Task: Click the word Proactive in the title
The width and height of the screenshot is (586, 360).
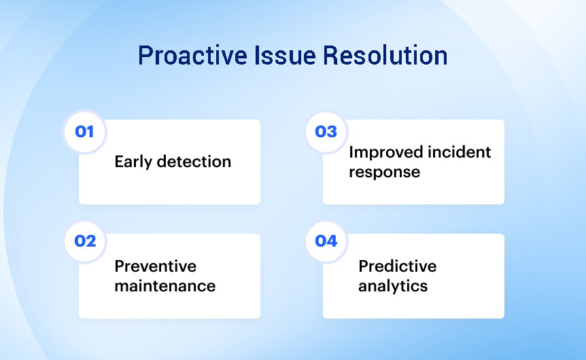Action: pos(192,56)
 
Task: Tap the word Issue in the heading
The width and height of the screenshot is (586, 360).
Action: pos(285,55)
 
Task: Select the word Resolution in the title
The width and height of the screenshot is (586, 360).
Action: pos(385,55)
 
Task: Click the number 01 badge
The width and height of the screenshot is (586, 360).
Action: pos(85,132)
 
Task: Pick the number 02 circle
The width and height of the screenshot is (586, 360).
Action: pos(85,241)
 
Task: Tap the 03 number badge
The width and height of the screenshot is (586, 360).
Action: pos(326,132)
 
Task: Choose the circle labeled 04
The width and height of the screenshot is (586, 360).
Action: pos(326,241)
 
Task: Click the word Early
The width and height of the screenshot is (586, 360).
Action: pos(133,162)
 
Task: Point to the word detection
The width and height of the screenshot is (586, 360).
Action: pos(194,162)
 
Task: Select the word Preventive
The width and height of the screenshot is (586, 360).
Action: pos(156,266)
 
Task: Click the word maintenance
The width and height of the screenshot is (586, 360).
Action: pos(165,286)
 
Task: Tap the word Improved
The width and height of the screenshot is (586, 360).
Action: pos(386,153)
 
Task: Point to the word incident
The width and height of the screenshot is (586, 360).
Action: pos(460,152)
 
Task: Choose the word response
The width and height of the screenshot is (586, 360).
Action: pos(385,173)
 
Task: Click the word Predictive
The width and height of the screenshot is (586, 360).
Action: pos(397,266)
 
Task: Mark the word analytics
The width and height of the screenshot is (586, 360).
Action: pos(393,287)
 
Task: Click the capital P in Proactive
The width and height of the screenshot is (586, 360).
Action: pos(145,56)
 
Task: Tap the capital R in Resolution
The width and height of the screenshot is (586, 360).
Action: pos(331,56)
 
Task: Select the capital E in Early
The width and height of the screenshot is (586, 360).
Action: pos(120,162)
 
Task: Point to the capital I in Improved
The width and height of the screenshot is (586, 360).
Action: pos(351,152)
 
